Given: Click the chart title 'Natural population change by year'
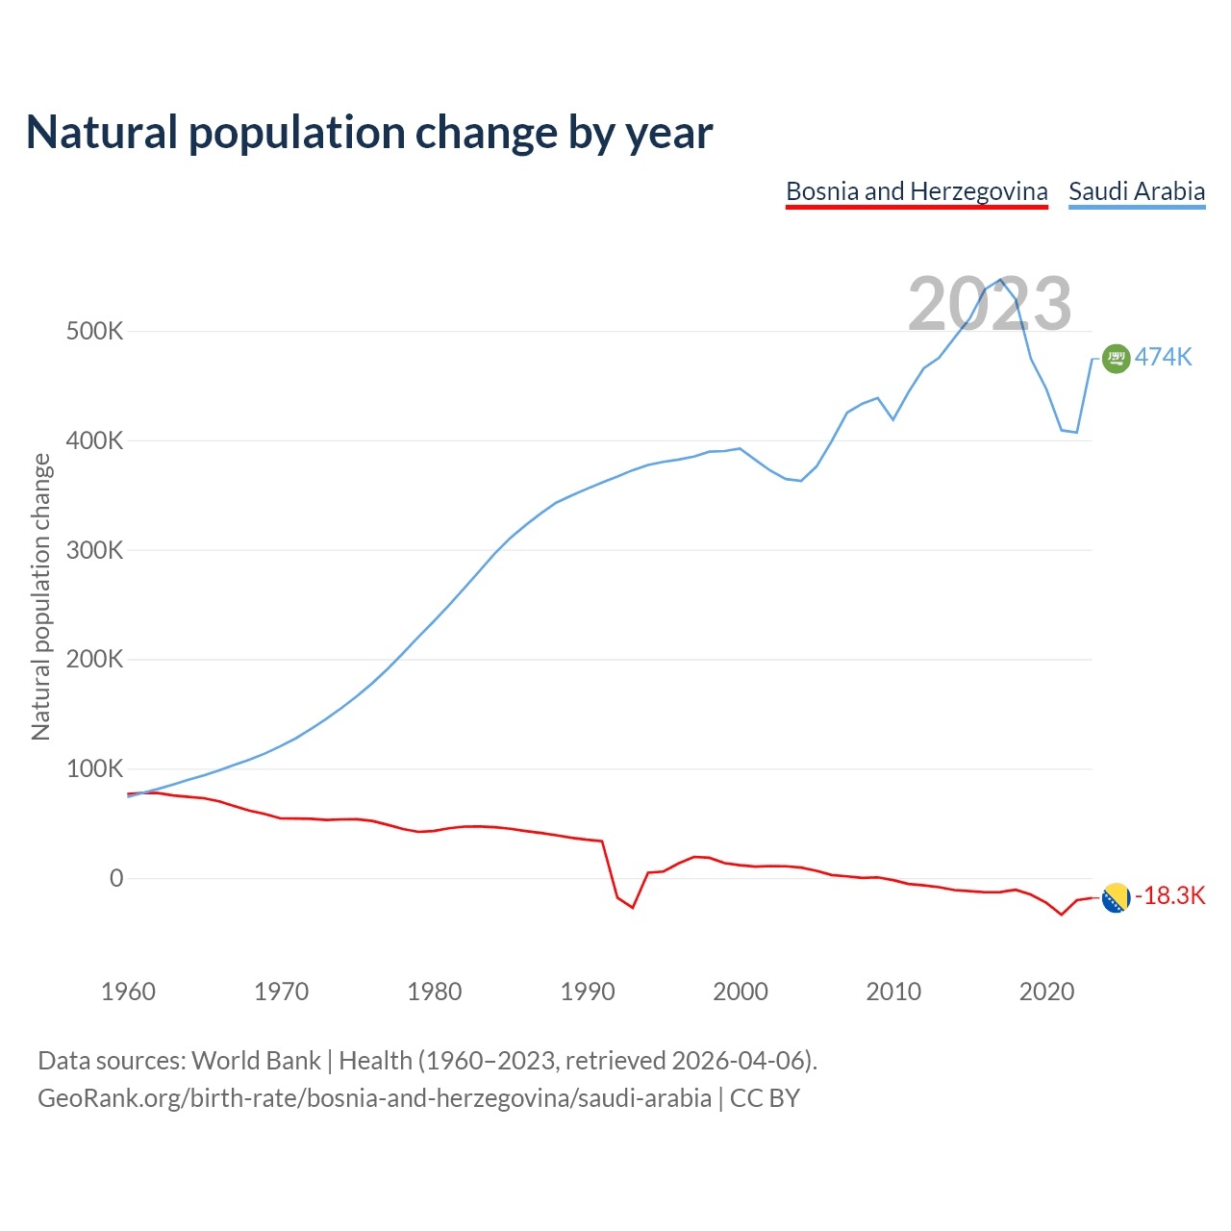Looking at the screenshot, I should (369, 133).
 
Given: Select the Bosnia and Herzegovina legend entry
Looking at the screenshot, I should (917, 191).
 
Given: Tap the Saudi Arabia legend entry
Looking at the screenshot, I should (1137, 191).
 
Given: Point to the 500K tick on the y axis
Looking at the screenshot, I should (95, 332).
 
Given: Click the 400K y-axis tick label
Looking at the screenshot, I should (95, 441).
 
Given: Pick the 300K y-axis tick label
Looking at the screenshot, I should (95, 551).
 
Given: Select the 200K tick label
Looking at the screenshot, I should (95, 660).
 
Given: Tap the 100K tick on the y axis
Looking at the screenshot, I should (95, 769).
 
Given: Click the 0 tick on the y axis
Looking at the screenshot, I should (116, 878).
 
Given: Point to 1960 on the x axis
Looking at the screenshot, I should (128, 992).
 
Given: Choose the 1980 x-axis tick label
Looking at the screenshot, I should (435, 992).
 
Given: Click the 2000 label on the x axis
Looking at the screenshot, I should (741, 992).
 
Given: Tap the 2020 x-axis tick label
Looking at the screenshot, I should (1046, 992).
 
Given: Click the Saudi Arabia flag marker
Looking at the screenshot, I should (1116, 359).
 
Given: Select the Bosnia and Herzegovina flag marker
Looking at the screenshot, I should (1116, 898).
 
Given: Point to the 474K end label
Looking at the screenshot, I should (1164, 358).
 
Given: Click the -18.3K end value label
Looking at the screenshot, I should (1170, 896).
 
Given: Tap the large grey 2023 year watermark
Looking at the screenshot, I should (990, 304).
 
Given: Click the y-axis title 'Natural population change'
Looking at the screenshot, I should (41, 597).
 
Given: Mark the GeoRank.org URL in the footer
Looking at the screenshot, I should (374, 1098).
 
